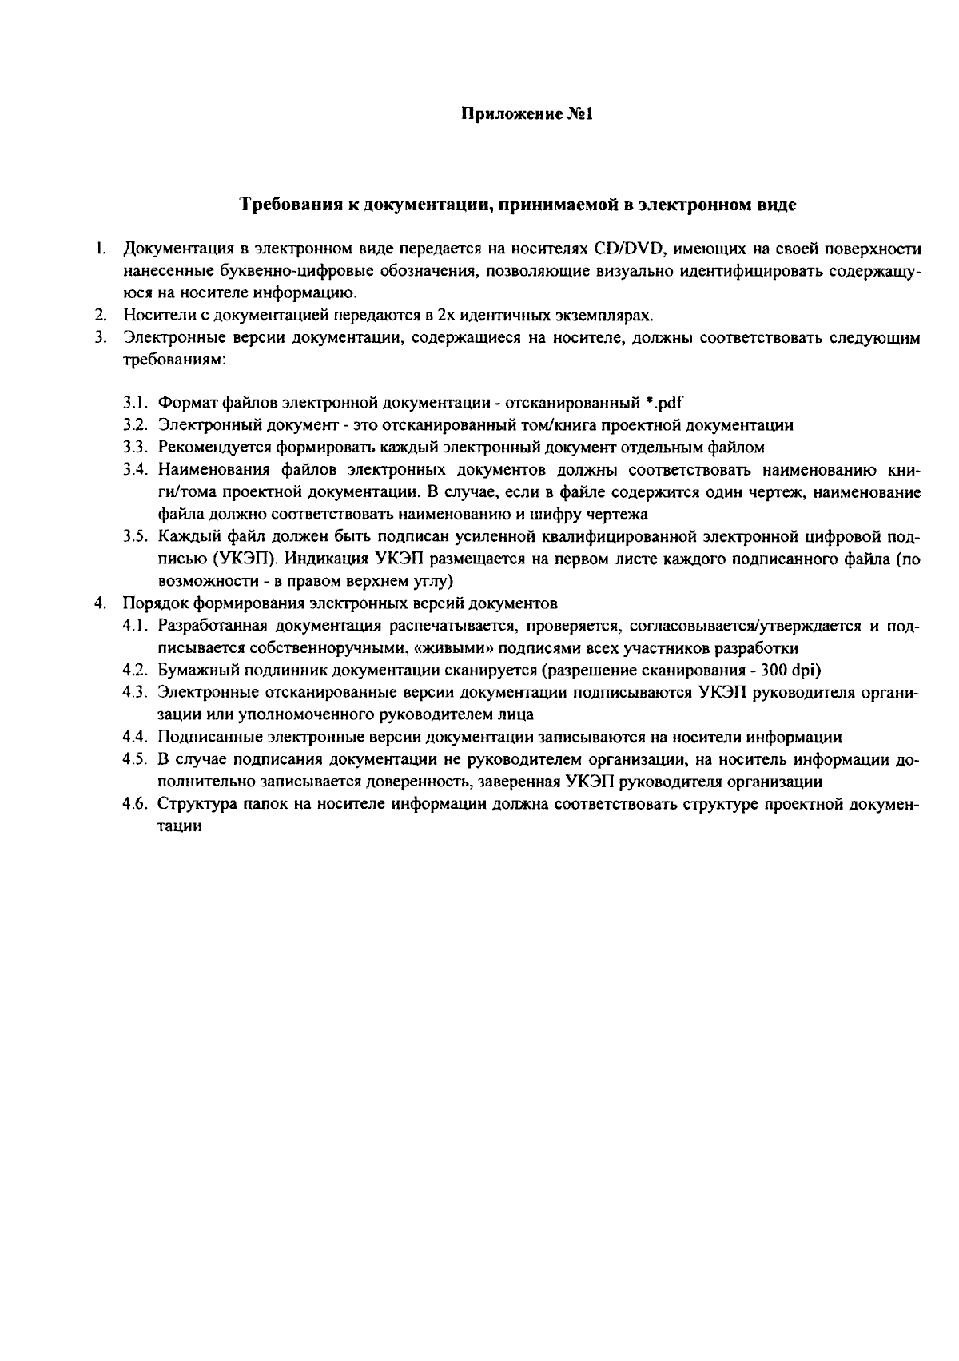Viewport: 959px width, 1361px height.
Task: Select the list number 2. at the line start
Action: click(101, 315)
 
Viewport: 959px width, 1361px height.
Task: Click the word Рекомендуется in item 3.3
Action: click(208, 447)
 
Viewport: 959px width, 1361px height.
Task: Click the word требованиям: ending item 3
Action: click(175, 360)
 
